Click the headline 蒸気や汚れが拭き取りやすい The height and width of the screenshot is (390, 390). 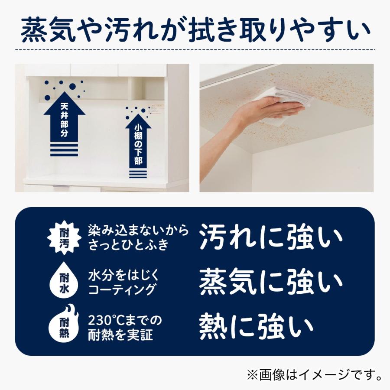tap(195, 31)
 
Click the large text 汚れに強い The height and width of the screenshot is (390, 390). tap(271, 237)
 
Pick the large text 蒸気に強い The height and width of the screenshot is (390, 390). tap(271, 282)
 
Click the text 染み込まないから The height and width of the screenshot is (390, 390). tap(139, 231)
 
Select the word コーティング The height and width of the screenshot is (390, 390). tap(122, 289)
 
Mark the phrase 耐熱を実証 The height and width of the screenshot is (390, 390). tap(121, 335)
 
